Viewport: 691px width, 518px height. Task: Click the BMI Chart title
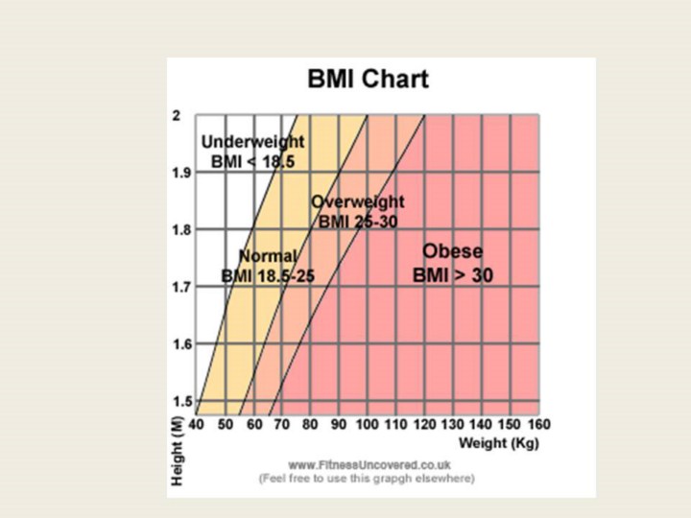(x=368, y=79)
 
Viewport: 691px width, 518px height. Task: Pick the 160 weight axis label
(x=538, y=424)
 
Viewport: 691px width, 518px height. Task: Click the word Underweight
(x=252, y=142)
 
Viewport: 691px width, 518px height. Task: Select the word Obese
(x=453, y=251)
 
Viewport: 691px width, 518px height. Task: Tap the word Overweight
(x=358, y=201)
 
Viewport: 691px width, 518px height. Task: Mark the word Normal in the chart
(x=268, y=256)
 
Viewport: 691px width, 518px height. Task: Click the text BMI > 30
(x=453, y=275)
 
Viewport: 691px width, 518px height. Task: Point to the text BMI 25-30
(x=358, y=221)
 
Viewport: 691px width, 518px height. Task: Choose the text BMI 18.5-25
(x=268, y=276)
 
